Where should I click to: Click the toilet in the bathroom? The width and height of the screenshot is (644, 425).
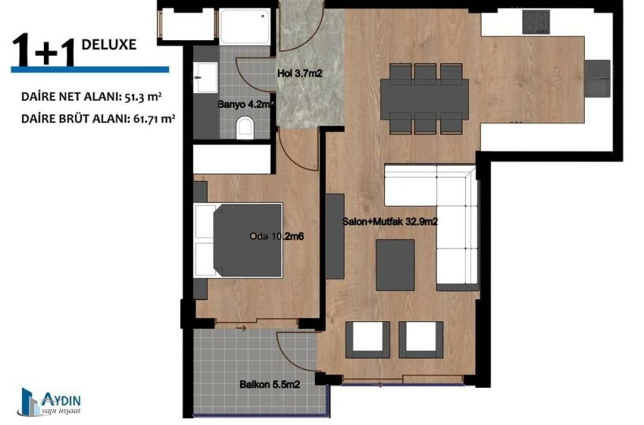245,127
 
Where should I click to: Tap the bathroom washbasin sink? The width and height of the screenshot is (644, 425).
205,77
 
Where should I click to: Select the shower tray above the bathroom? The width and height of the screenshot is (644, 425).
245,27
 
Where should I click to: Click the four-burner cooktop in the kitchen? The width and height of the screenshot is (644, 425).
536,22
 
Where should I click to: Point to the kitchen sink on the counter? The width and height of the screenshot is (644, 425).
597,78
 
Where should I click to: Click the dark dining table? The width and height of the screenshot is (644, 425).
424,99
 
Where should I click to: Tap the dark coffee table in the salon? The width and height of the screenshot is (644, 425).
395,265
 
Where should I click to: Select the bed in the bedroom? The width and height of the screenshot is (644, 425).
239,240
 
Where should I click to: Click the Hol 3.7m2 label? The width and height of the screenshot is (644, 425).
300,74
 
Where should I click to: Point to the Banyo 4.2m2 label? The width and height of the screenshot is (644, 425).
246,105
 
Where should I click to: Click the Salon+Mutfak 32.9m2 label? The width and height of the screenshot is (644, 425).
390,222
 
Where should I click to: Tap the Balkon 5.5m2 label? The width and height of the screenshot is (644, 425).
270,385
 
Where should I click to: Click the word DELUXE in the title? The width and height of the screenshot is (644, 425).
109,44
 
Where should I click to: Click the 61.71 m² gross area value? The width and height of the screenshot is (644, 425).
154,119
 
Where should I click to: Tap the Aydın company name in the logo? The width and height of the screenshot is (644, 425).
61,400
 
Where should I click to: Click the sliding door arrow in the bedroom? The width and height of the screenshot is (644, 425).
241,328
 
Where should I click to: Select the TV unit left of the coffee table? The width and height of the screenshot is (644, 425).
335,237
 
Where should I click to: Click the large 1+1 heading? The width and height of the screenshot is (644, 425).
44,50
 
